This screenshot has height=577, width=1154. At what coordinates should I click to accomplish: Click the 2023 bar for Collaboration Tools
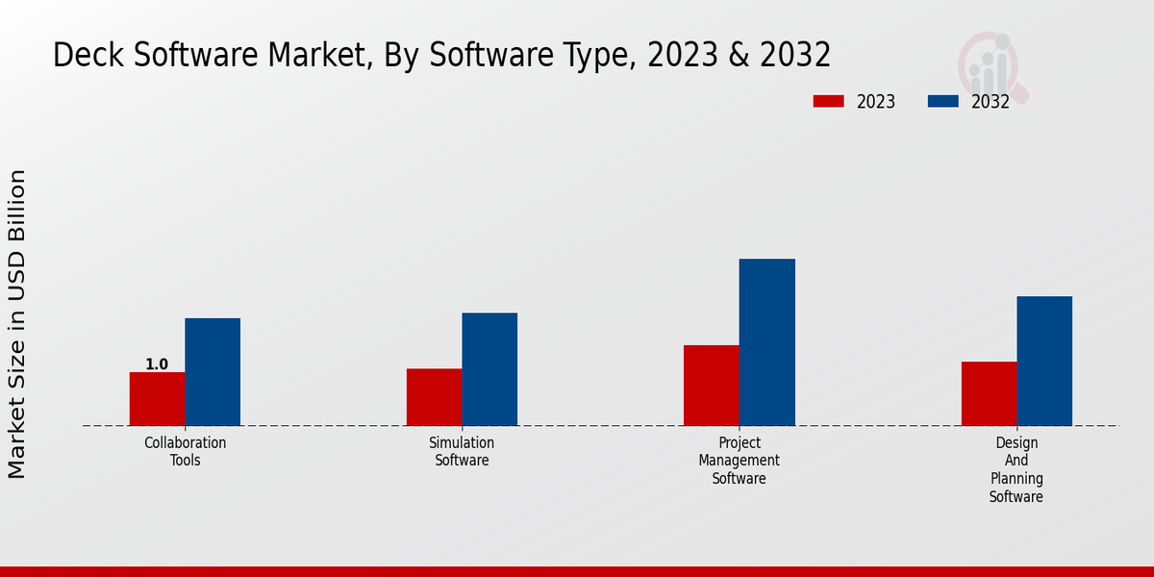(157, 399)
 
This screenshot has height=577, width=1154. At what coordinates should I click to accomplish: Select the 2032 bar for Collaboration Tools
(213, 372)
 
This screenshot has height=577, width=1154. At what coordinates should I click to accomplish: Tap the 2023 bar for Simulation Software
(434, 397)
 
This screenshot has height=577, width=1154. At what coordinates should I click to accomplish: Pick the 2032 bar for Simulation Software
(489, 369)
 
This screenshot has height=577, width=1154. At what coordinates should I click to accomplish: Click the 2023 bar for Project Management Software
(712, 386)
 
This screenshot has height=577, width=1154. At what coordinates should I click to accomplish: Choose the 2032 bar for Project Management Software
(767, 342)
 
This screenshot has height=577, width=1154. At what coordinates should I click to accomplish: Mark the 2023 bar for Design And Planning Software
(989, 393)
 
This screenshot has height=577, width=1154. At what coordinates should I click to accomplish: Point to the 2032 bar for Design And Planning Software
(1044, 361)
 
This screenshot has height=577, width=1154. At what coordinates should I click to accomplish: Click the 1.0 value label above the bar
(157, 364)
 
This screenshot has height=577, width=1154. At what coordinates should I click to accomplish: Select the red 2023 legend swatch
(828, 101)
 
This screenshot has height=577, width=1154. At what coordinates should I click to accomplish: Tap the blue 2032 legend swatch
(942, 101)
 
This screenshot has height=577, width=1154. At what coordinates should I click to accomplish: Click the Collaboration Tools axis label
(186, 452)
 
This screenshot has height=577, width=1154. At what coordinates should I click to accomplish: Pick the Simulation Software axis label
(462, 452)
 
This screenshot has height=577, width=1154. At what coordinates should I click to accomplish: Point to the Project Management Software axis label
(740, 461)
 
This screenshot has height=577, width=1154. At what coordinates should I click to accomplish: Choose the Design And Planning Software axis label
(1016, 469)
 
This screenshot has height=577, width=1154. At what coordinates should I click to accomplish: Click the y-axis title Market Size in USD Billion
(17, 324)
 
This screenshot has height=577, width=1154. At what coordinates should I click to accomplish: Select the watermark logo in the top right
(991, 65)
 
